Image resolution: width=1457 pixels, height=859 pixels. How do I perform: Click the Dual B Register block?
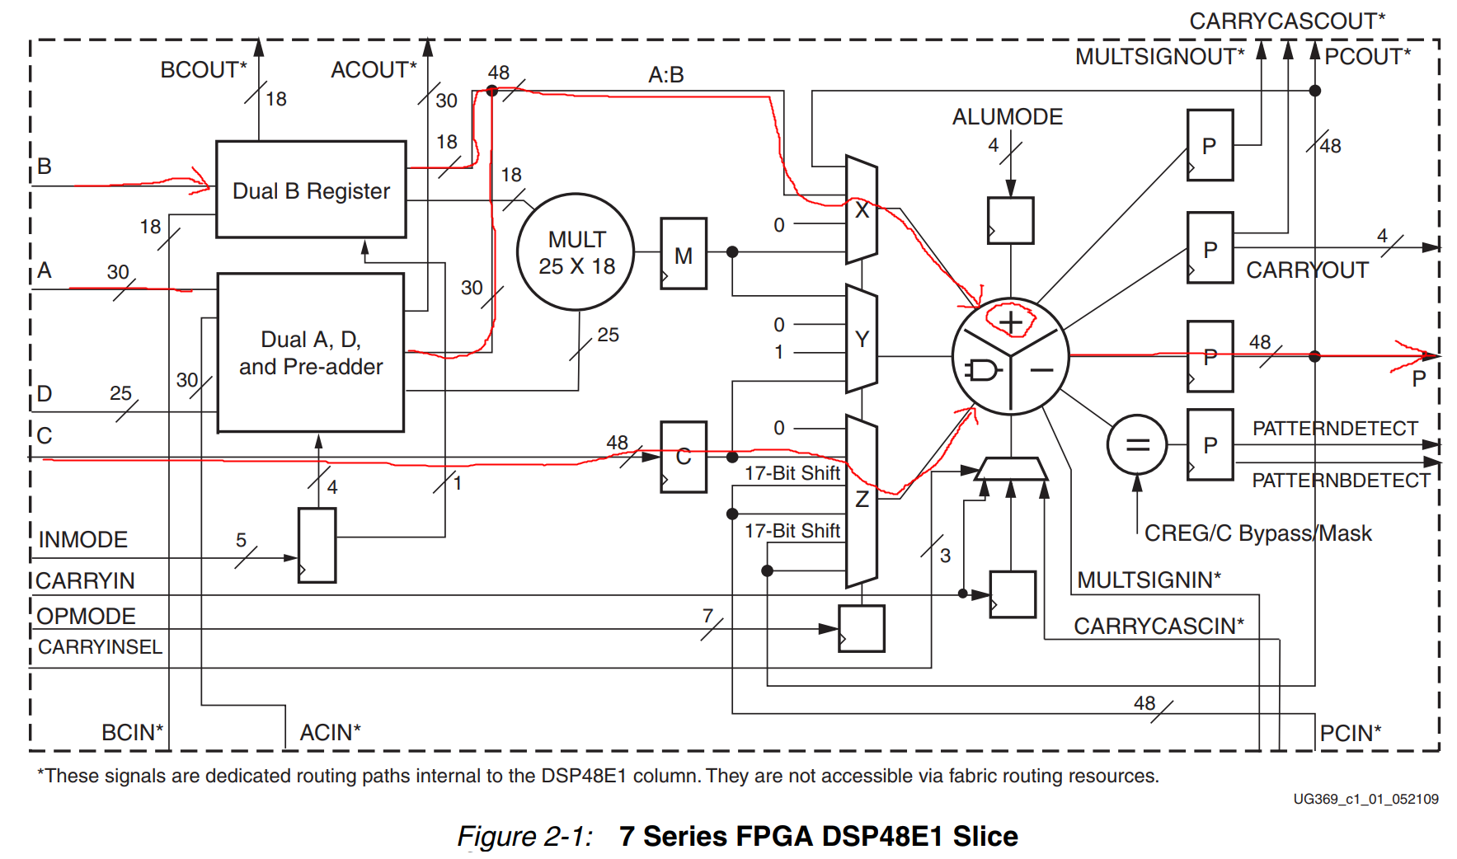click(x=311, y=190)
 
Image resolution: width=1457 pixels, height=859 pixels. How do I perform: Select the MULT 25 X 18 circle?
click(x=576, y=252)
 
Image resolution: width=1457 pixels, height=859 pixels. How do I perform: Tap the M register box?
click(x=683, y=254)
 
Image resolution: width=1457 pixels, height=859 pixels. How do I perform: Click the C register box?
click(x=683, y=457)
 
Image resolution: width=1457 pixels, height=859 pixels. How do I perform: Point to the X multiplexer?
click(x=862, y=209)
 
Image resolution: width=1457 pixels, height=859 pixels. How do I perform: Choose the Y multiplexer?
click(x=862, y=339)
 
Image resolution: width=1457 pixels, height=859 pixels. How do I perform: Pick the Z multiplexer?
click(x=862, y=500)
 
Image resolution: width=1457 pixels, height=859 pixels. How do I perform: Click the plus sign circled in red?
click(x=1011, y=322)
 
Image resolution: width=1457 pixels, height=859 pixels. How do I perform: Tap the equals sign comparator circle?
click(x=1137, y=445)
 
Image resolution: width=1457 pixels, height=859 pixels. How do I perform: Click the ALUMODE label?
click(x=1007, y=117)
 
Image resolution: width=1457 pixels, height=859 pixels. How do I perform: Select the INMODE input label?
click(x=82, y=540)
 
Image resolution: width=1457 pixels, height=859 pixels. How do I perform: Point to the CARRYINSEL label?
click(x=100, y=647)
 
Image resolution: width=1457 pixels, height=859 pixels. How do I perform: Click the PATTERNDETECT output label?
click(x=1334, y=429)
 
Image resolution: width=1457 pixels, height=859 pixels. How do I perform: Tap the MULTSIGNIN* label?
click(x=1149, y=580)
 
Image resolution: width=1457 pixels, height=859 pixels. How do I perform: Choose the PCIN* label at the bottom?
click(x=1350, y=733)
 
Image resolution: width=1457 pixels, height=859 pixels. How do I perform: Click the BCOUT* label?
click(x=203, y=70)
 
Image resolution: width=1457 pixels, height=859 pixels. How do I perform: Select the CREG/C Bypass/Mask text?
click(x=1257, y=533)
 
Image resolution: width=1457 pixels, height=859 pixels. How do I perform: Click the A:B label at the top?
click(x=665, y=75)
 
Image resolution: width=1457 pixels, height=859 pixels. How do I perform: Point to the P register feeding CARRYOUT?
click(x=1210, y=248)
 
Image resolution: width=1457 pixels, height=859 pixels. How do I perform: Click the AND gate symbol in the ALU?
click(x=982, y=370)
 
